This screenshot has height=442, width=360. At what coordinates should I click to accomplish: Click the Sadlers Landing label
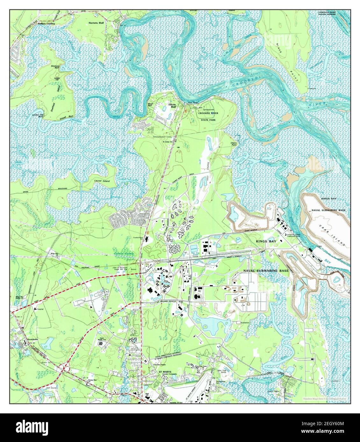click(x=46, y=24)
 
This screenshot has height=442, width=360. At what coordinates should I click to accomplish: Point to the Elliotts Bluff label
click(x=172, y=106)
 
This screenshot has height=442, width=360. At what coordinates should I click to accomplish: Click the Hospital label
click(x=40, y=309)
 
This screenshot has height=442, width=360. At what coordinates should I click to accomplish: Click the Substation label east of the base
click(x=245, y=322)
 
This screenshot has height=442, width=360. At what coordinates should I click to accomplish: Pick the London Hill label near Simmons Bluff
click(x=57, y=79)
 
